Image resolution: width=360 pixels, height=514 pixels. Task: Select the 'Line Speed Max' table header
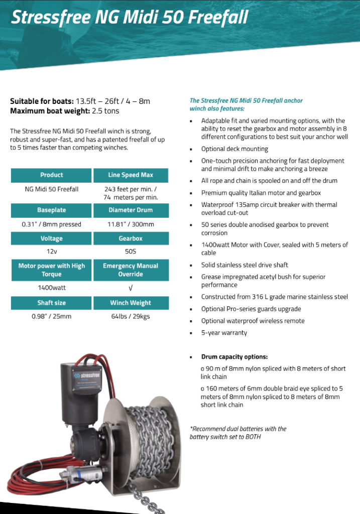coord(131,175)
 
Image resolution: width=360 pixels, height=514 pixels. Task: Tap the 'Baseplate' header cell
coord(52,210)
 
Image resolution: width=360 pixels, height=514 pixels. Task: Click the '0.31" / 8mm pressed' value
coord(52,224)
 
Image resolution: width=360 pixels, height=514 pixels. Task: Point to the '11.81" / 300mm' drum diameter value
coord(131,224)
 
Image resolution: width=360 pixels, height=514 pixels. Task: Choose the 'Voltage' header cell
coord(52,238)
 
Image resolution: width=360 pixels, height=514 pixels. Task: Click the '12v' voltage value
coord(52,252)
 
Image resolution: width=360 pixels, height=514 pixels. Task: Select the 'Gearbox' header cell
coord(131,238)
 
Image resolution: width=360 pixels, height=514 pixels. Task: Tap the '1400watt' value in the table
coord(52,288)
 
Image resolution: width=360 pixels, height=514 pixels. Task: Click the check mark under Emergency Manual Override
coord(131,288)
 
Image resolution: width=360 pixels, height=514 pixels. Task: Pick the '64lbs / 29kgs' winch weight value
coord(131,316)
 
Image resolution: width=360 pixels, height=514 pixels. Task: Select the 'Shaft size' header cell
coord(52,303)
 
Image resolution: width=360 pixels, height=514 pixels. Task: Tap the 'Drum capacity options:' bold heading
coord(234,357)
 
